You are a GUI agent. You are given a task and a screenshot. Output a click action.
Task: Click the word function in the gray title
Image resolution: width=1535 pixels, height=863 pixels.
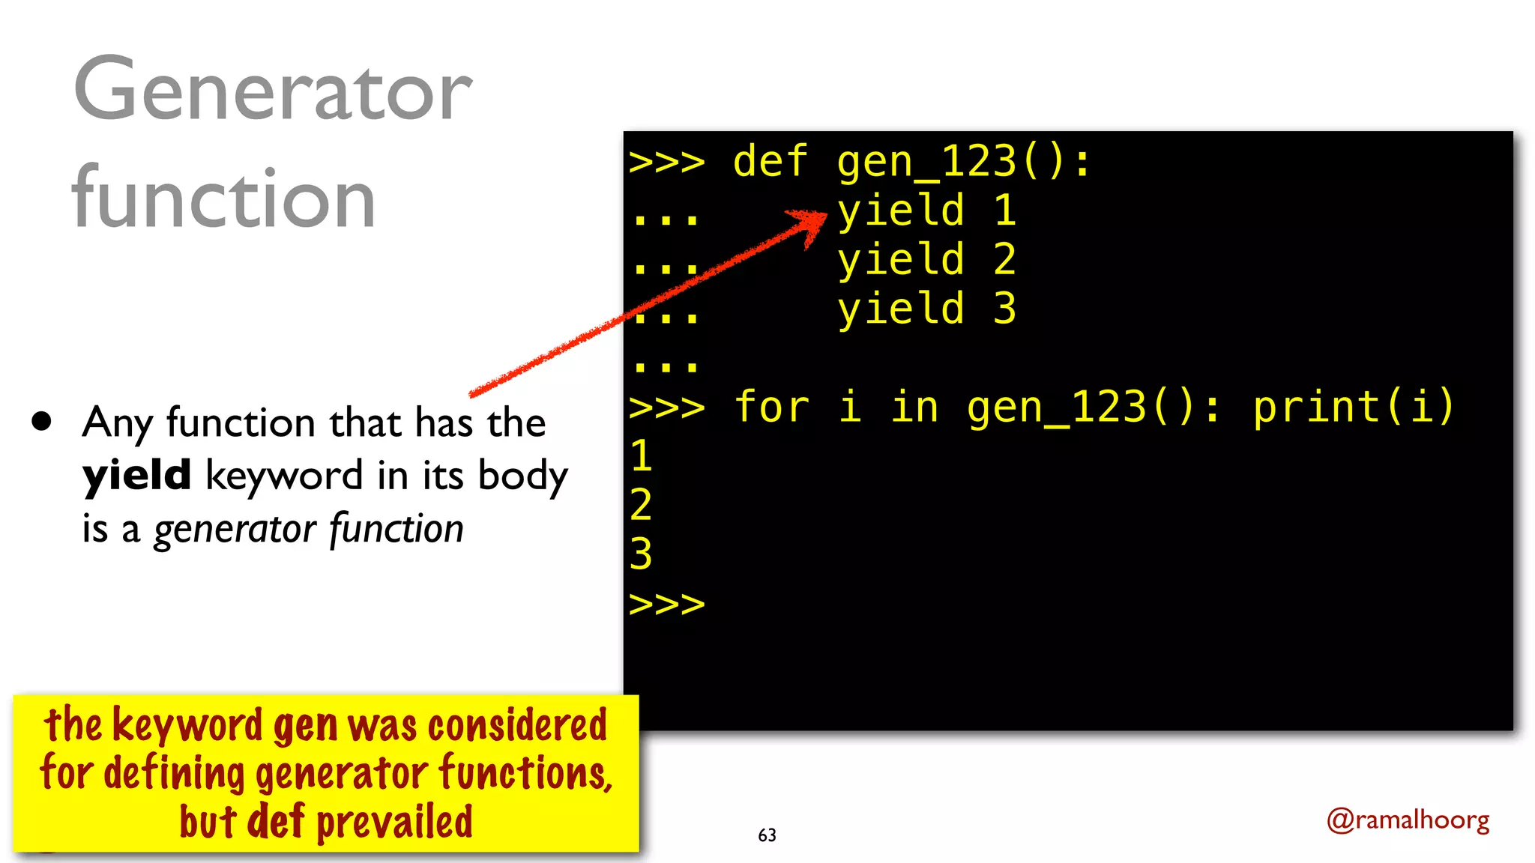223,199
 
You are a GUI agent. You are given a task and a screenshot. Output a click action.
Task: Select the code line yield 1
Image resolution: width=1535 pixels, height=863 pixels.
926,211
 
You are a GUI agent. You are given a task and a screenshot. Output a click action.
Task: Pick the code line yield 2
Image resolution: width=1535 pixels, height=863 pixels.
926,260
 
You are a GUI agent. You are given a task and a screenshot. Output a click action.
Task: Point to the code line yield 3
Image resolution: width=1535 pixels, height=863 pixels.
926,309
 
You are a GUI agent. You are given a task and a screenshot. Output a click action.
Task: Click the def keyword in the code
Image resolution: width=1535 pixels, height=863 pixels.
770,162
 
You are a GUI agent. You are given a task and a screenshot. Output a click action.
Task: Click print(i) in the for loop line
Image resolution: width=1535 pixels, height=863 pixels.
1353,407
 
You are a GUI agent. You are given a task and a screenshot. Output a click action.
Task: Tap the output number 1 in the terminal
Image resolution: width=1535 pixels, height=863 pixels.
641,455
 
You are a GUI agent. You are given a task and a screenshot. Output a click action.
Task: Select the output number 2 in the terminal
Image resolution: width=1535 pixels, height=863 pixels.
641,504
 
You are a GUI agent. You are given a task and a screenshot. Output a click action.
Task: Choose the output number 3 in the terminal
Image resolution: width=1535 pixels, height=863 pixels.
641,554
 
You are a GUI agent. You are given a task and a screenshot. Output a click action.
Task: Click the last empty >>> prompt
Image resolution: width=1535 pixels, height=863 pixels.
666,604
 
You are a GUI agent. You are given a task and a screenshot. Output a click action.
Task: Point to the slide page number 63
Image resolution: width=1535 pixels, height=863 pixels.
767,835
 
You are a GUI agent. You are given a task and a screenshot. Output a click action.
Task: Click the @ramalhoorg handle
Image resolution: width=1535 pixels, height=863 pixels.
1408,820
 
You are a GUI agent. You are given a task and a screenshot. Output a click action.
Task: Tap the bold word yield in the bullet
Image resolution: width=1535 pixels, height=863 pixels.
136,476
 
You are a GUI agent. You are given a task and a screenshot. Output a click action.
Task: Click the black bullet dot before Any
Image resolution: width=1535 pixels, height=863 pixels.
42,421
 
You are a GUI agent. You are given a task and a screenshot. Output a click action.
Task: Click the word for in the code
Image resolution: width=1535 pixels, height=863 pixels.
771,407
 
